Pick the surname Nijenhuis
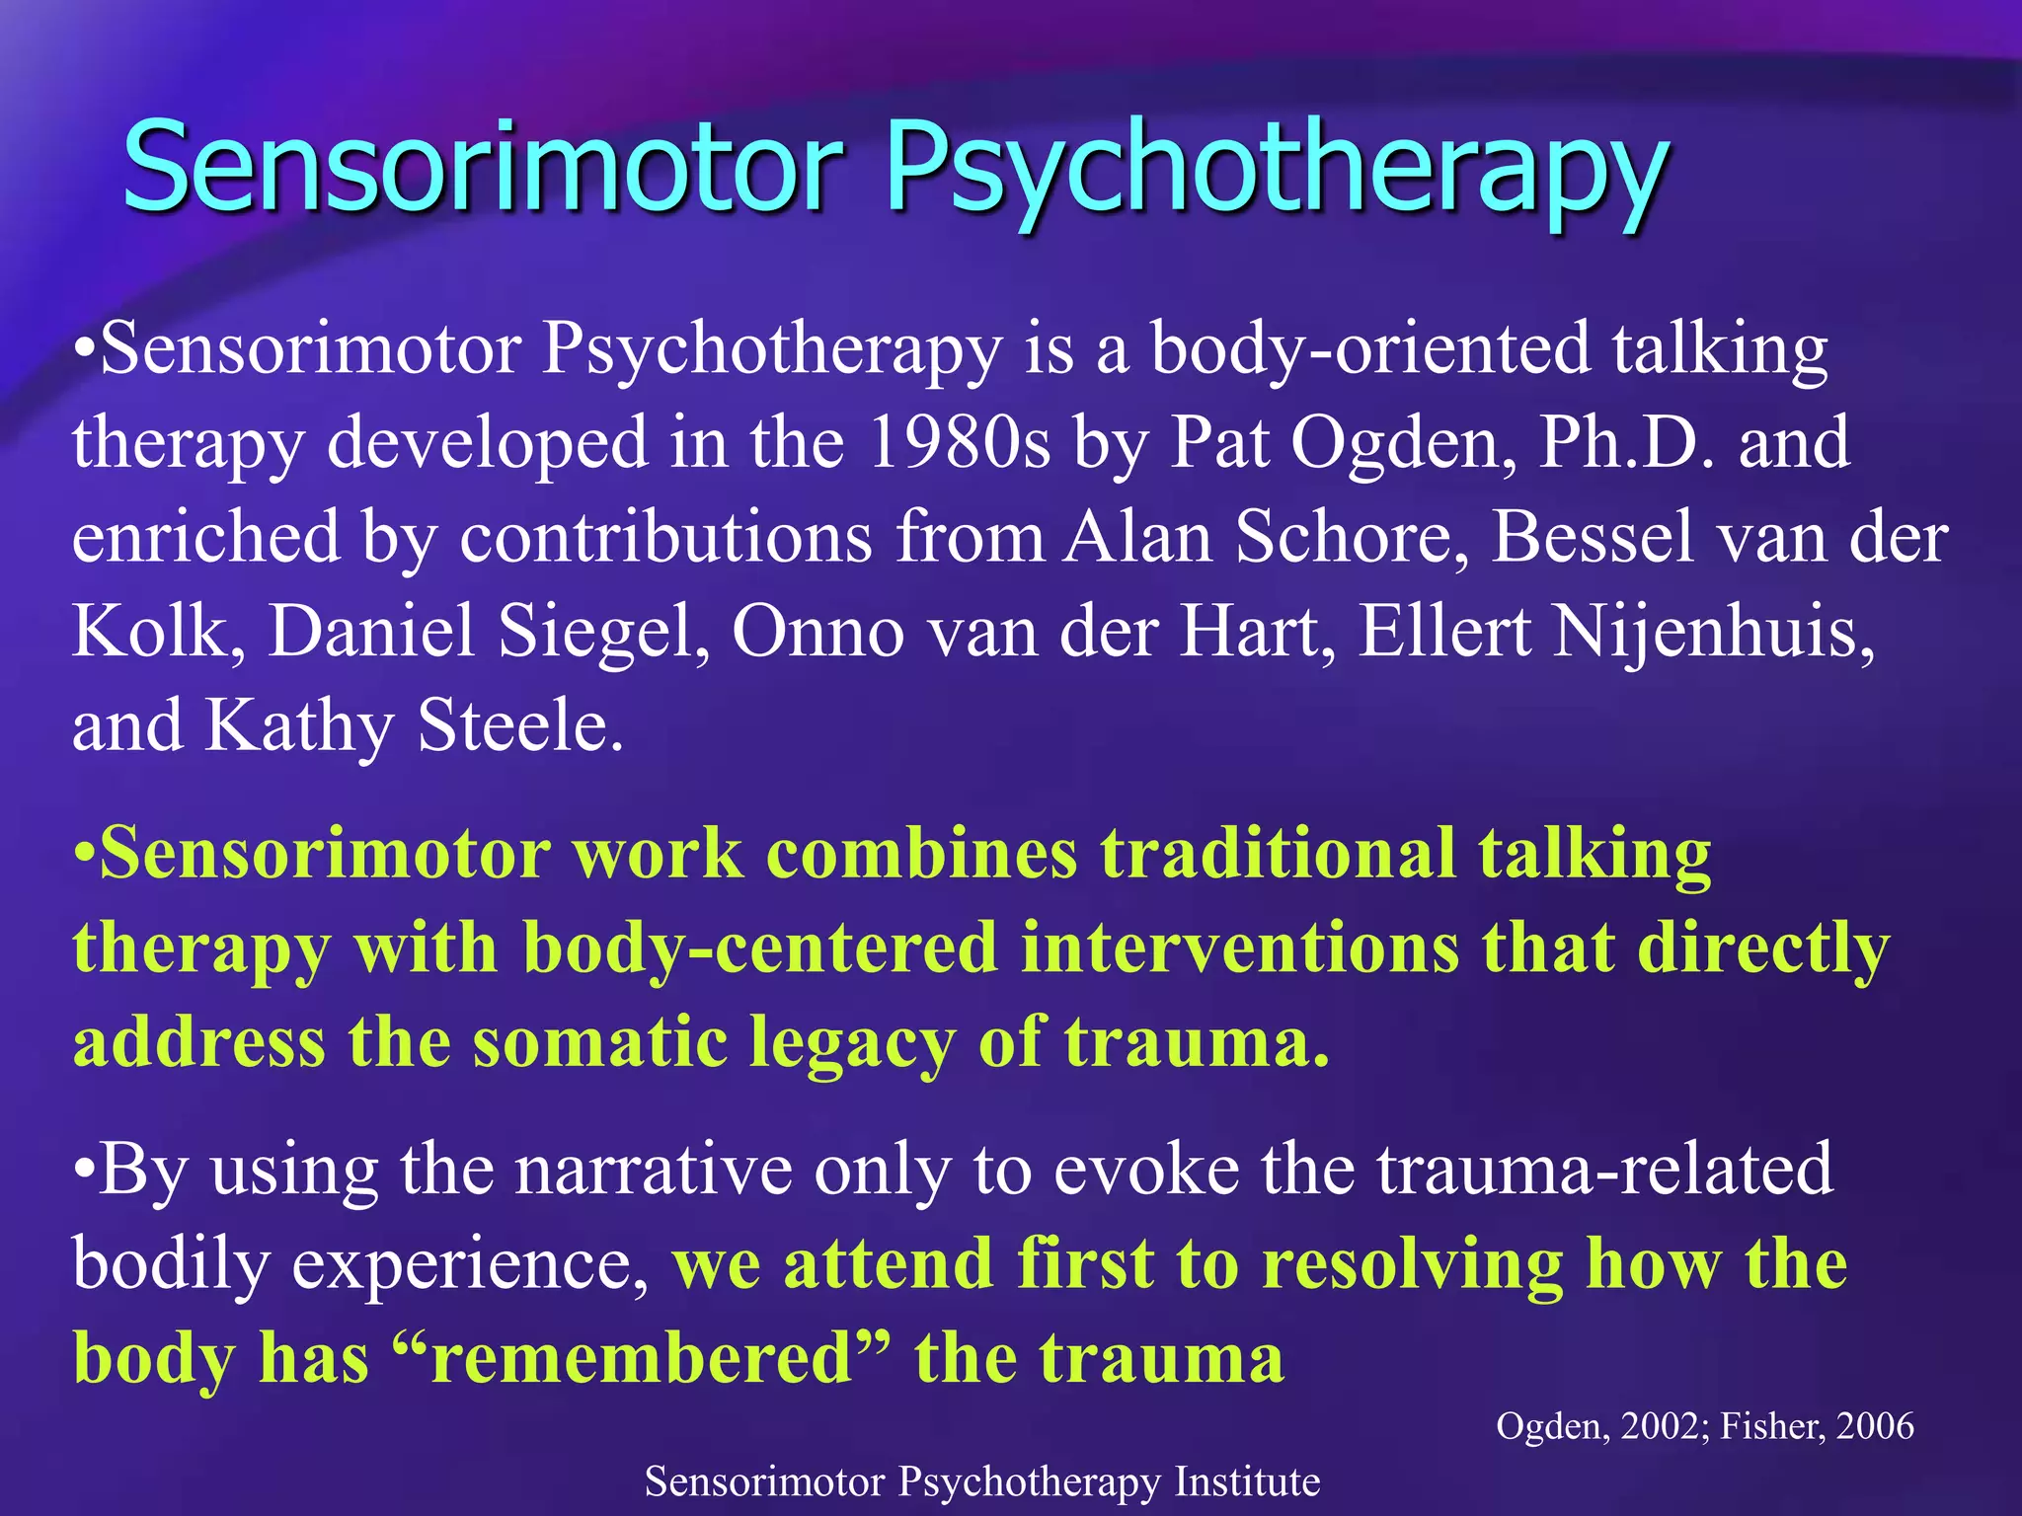[1714, 632]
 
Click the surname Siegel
[602, 632]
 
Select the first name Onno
[817, 632]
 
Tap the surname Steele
[519, 726]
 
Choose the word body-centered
[760, 948]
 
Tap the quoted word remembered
[642, 1358]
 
